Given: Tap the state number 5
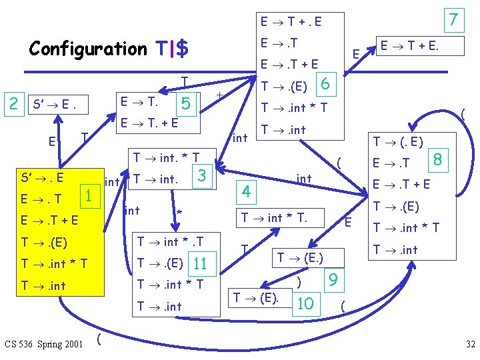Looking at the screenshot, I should pyautogui.click(x=186, y=103).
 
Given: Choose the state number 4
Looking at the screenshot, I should pyautogui.click(x=246, y=192).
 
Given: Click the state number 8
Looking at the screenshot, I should pyautogui.click(x=438, y=160).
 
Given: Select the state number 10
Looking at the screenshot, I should pyautogui.click(x=306, y=303).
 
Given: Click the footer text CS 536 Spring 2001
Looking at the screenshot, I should pyautogui.click(x=43, y=344).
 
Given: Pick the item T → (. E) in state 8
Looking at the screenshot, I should pyautogui.click(x=398, y=141).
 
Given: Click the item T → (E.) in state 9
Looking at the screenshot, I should pyautogui.click(x=300, y=257).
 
